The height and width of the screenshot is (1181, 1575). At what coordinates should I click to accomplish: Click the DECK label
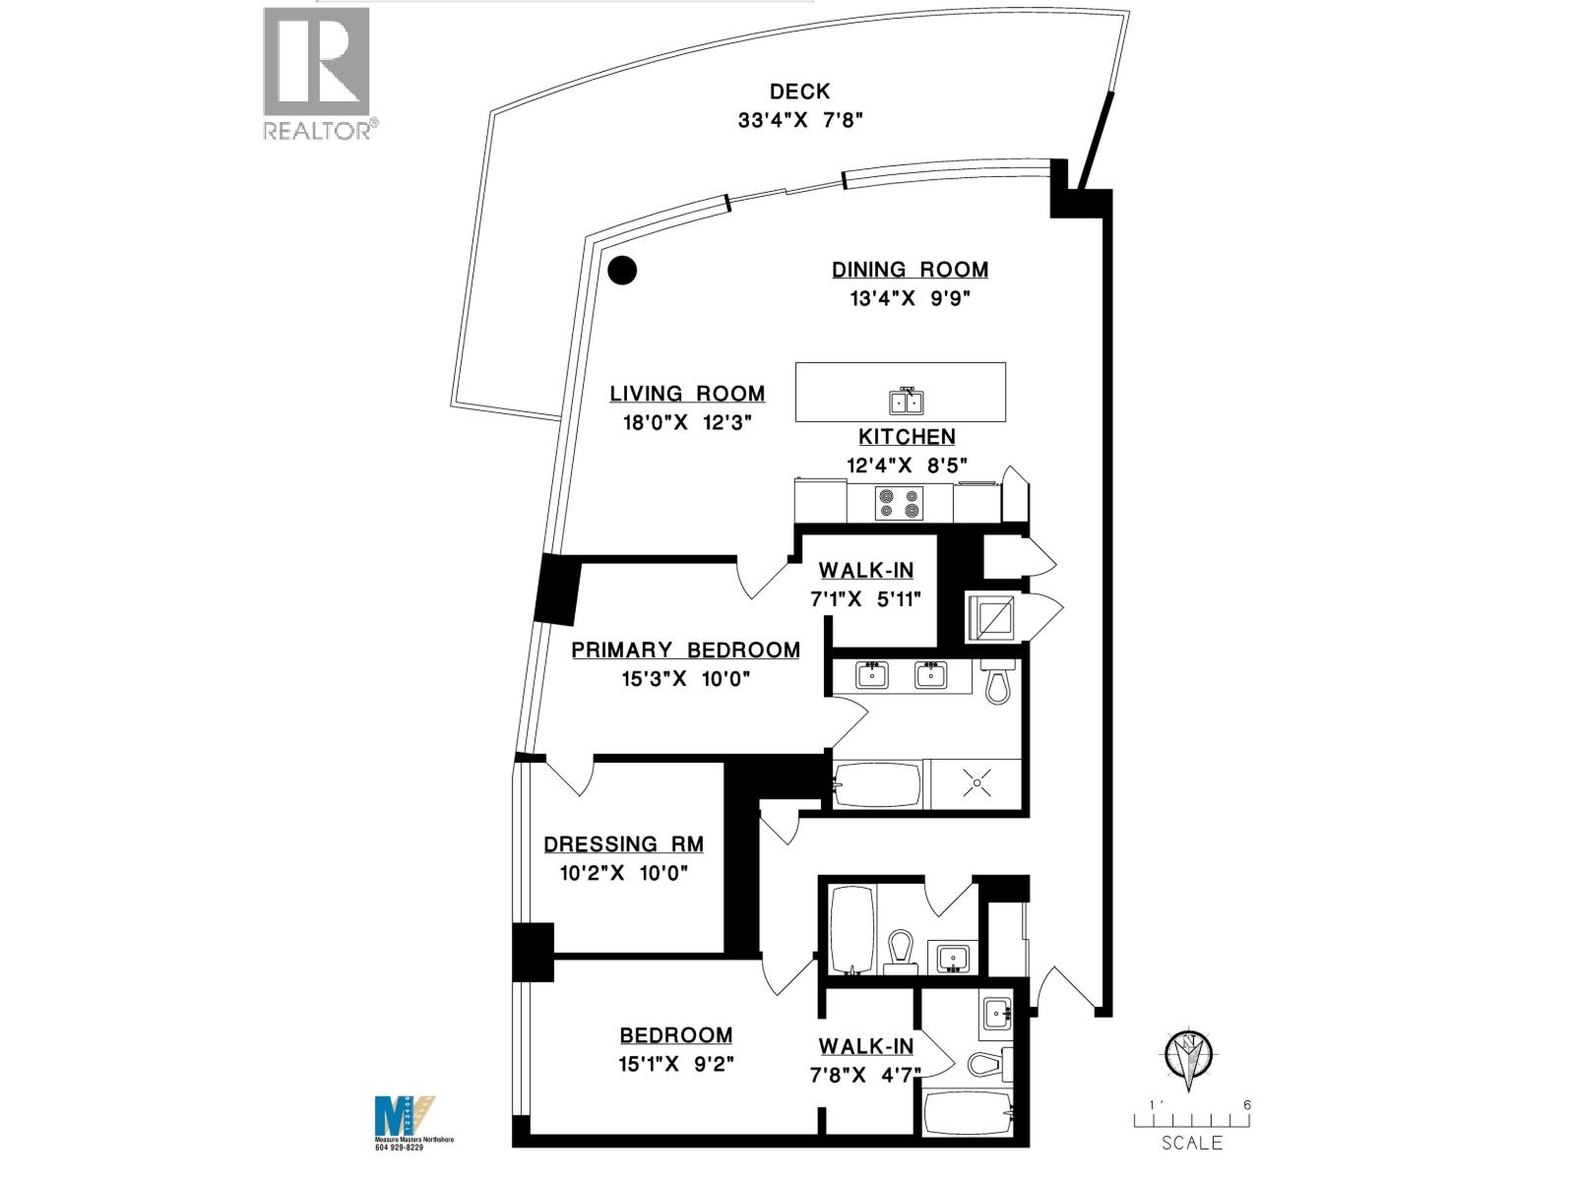click(799, 92)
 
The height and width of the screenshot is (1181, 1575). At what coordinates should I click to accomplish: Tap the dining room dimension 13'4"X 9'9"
click(910, 298)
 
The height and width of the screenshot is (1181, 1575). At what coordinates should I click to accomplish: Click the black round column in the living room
click(622, 270)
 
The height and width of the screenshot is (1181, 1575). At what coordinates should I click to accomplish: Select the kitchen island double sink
click(906, 402)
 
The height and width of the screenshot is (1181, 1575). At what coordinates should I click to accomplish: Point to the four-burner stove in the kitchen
click(900, 504)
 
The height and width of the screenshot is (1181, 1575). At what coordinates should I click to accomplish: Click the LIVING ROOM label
click(687, 394)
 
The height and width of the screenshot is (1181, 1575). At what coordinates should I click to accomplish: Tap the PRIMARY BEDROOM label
click(685, 650)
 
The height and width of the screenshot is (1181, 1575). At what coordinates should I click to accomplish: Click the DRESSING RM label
click(623, 843)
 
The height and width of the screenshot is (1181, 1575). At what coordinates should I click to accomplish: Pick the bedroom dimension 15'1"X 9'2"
click(675, 1064)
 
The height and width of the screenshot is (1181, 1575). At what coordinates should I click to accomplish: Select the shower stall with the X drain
click(976, 784)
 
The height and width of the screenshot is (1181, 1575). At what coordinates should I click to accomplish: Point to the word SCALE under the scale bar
click(1192, 1143)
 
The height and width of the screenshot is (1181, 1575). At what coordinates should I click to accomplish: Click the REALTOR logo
click(317, 74)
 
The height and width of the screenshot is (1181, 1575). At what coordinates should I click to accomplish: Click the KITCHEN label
click(907, 437)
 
